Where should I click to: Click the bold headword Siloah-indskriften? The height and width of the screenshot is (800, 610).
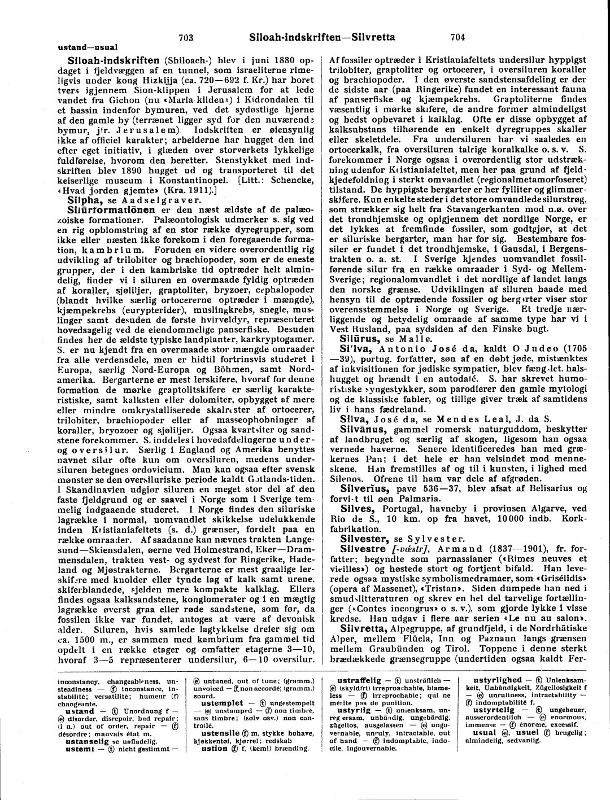(x=114, y=60)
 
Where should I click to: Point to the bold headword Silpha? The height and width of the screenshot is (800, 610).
(x=85, y=199)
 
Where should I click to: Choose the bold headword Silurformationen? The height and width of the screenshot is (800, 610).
(x=111, y=209)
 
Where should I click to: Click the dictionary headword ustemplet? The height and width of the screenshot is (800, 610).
(x=223, y=703)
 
